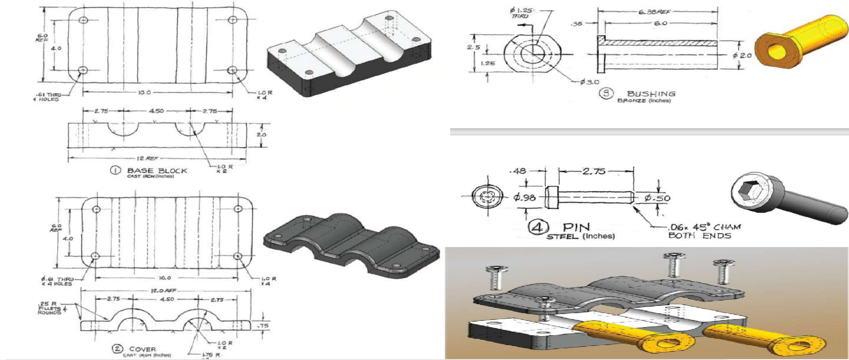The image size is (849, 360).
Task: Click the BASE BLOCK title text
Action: pos(157,171)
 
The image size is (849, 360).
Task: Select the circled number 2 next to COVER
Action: pos(117,349)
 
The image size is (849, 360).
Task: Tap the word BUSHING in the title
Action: pos(651,94)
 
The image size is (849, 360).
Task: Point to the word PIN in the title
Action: pos(576,227)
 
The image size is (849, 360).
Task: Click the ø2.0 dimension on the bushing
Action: pos(742,55)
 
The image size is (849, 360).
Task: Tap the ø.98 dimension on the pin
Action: pos(525,197)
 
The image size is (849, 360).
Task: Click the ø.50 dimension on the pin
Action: pos(657,198)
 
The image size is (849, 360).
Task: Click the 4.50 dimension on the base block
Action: pos(156,111)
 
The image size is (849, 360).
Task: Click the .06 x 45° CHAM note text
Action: pos(704,227)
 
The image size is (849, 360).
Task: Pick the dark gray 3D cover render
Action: pos(351,243)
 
